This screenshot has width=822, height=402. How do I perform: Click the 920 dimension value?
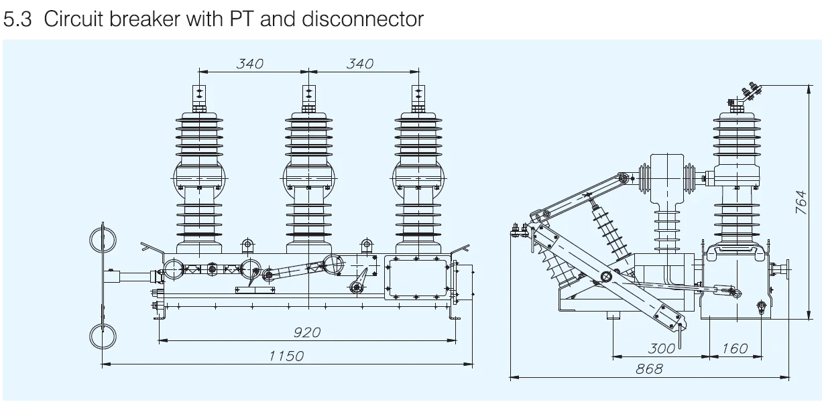pyautogui.click(x=307, y=332)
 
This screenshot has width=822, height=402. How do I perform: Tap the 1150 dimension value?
pyautogui.click(x=286, y=356)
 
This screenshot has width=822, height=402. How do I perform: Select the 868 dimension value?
pyautogui.click(x=649, y=368)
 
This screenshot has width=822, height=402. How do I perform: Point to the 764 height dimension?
pyautogui.click(x=801, y=202)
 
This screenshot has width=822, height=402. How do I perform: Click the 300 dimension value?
pyautogui.click(x=661, y=348)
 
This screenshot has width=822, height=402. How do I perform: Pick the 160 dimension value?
pyautogui.click(x=735, y=348)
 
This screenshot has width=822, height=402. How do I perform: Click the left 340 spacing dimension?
pyautogui.click(x=249, y=64)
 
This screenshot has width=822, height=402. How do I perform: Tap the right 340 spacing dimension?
pyautogui.click(x=359, y=64)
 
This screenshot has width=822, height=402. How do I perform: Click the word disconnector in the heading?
pyautogui.click(x=363, y=19)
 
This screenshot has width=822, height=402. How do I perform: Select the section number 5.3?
pyautogui.click(x=17, y=19)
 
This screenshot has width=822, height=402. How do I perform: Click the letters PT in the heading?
pyautogui.click(x=242, y=19)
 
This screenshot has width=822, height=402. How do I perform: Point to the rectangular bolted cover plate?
pyautogui.click(x=416, y=277)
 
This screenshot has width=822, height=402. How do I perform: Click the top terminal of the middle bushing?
pyautogui.click(x=308, y=97)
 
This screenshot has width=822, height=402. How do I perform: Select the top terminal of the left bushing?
pyautogui.click(x=199, y=97)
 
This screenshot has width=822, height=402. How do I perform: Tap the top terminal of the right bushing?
pyautogui.click(x=418, y=97)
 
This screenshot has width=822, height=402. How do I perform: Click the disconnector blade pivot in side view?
pyautogui.click(x=606, y=277)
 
